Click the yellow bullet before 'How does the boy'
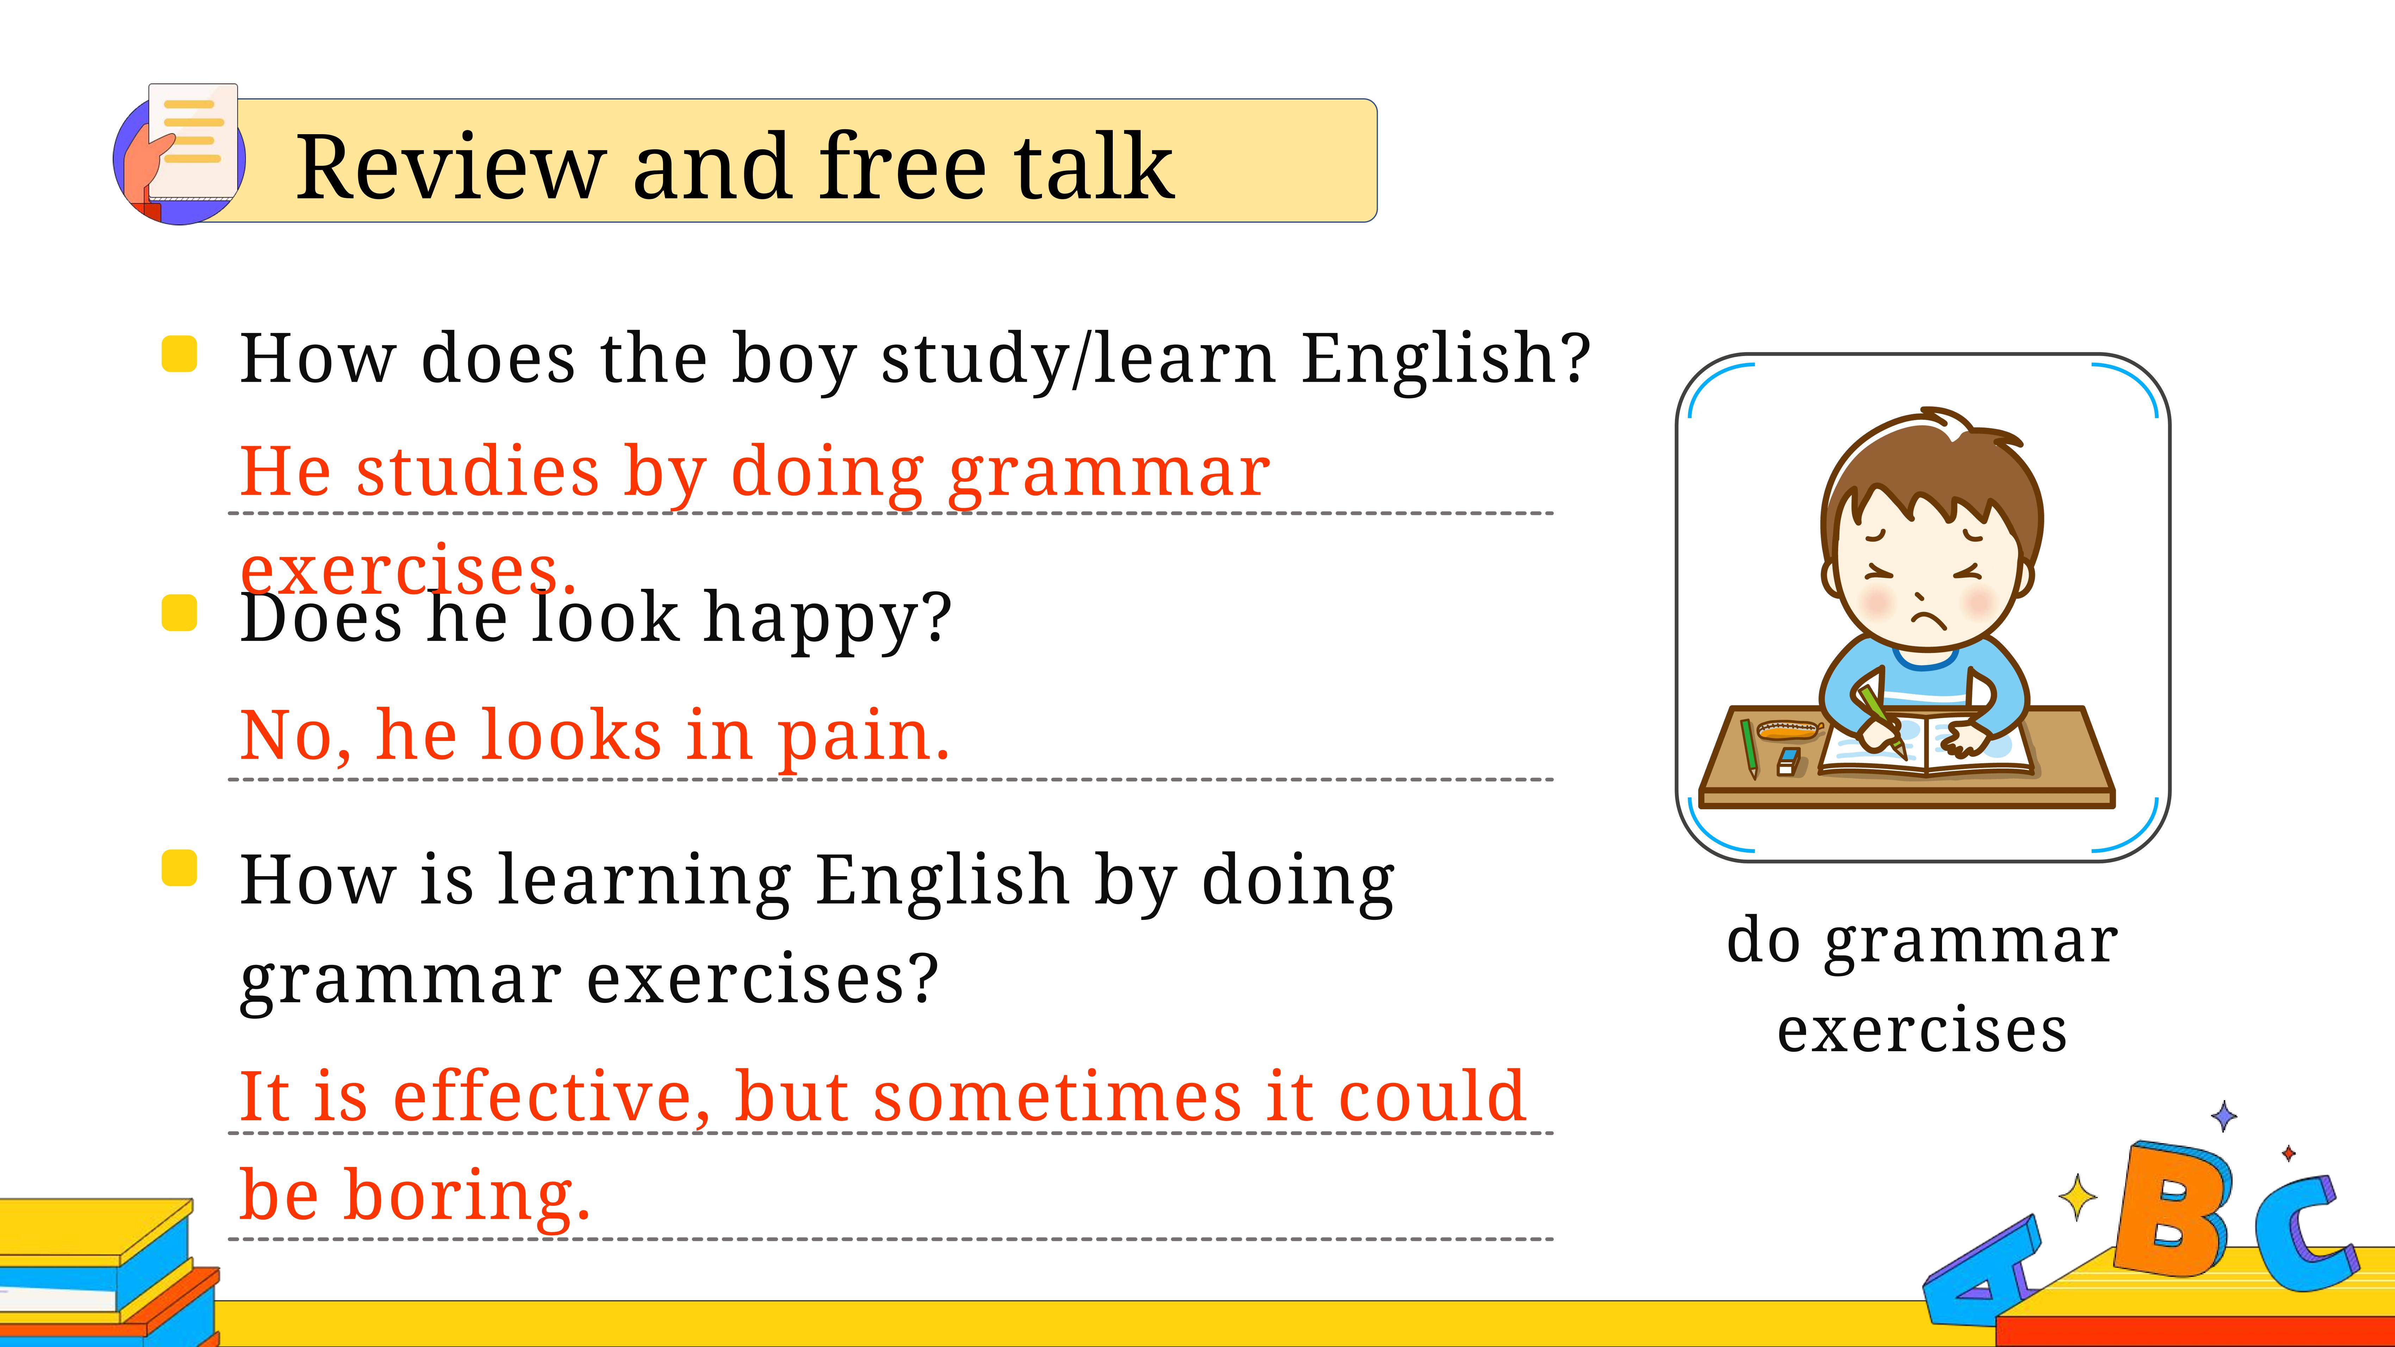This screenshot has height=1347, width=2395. click(179, 354)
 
